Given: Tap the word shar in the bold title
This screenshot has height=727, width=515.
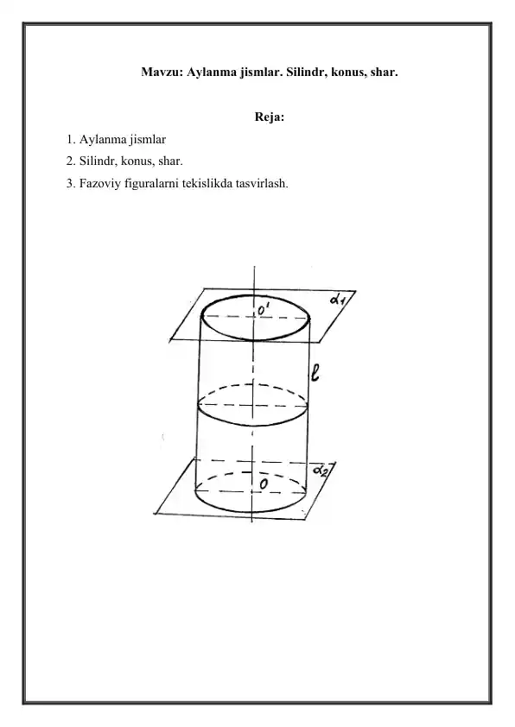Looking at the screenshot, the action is click(x=385, y=73).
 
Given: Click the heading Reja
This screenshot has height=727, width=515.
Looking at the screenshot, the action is click(x=269, y=117).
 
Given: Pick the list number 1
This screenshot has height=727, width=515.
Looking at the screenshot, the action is click(x=71, y=140).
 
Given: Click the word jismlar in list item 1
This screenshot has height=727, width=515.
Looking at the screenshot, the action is click(x=148, y=140).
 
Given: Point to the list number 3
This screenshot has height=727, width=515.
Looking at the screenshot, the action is click(x=71, y=184).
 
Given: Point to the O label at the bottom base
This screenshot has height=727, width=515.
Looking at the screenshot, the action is click(x=264, y=484).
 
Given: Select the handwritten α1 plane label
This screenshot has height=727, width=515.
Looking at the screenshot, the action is click(x=337, y=299).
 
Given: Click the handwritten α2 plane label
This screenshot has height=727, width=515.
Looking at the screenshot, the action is click(x=321, y=471).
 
